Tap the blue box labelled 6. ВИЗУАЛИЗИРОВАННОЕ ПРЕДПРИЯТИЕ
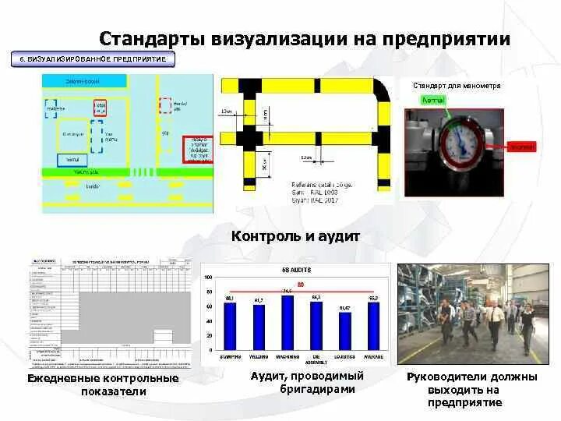click(x=92, y=59)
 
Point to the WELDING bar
click(x=259, y=328)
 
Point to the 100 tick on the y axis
click(x=207, y=278)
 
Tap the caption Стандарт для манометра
click(x=456, y=85)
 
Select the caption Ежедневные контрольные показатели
click(x=103, y=385)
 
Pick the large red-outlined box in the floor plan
click(x=196, y=148)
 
